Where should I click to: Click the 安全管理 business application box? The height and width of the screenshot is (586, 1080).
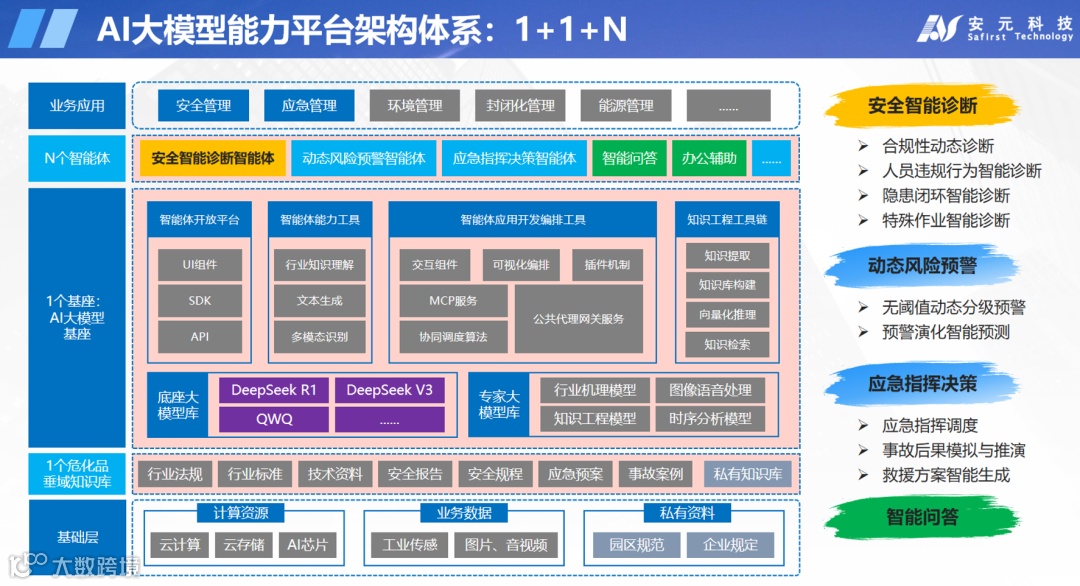click(203, 106)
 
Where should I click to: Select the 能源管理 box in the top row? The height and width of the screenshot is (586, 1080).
click(625, 106)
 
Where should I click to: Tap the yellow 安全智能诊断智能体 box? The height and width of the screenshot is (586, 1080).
click(213, 158)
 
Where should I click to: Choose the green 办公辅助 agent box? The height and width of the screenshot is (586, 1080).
click(709, 158)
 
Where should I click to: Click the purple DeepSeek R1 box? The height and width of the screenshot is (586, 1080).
click(273, 390)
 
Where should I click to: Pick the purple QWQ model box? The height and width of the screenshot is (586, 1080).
click(273, 419)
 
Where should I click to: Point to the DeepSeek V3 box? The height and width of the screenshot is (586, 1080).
click(389, 390)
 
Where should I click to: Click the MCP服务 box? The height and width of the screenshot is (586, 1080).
click(453, 300)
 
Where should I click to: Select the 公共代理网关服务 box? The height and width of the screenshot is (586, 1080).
click(578, 318)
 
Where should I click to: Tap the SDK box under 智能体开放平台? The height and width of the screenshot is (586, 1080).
click(199, 300)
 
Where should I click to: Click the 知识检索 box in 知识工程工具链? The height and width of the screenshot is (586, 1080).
click(727, 345)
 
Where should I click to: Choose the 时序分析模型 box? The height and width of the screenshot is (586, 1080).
click(710, 419)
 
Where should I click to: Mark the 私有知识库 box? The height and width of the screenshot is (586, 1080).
click(748, 474)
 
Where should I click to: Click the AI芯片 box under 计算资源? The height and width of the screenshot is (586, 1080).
click(306, 545)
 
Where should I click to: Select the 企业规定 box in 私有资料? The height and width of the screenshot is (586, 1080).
click(730, 545)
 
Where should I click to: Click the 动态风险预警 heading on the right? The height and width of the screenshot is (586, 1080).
click(922, 266)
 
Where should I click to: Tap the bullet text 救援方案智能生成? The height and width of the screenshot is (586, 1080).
click(945, 475)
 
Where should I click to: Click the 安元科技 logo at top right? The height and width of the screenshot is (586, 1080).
click(995, 28)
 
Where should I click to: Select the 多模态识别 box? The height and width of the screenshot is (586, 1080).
click(319, 337)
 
